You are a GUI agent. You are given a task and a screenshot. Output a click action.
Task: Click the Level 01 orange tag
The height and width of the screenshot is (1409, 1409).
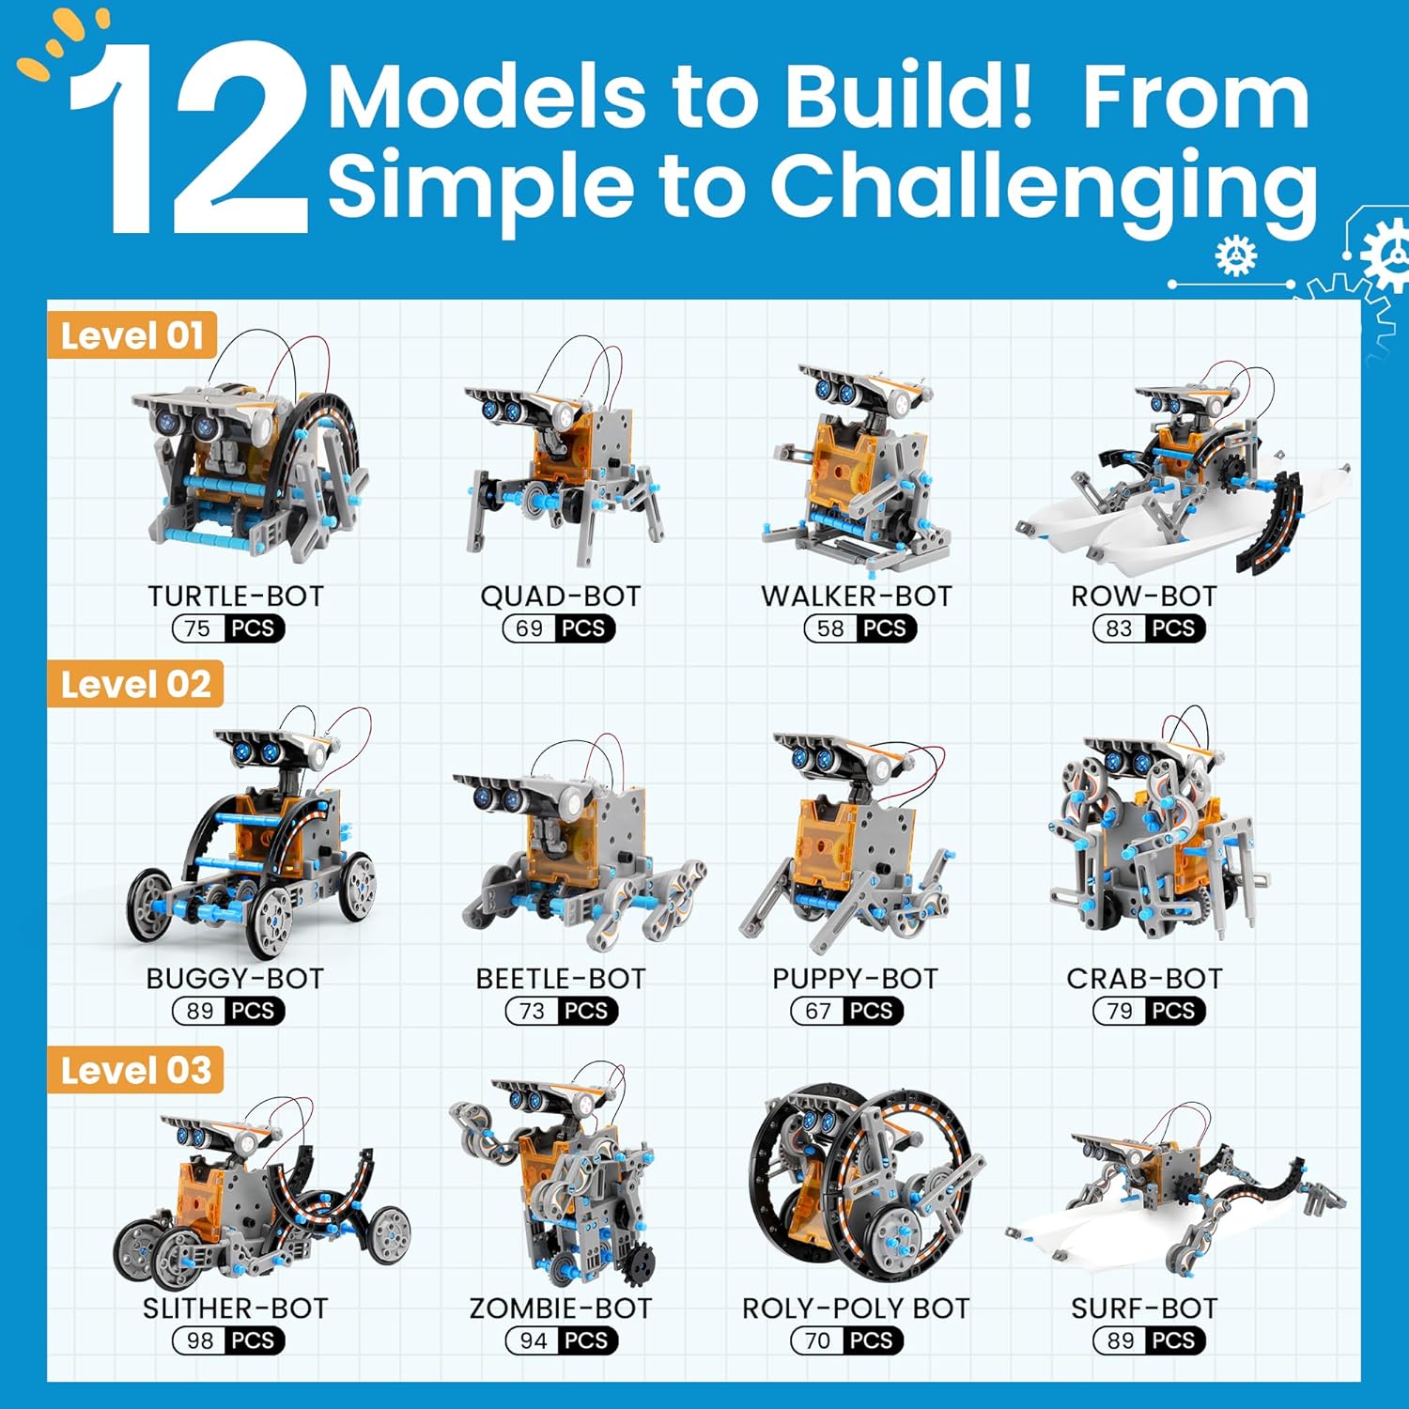[132, 335]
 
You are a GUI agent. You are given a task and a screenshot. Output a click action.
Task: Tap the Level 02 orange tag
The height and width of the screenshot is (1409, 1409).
[135, 684]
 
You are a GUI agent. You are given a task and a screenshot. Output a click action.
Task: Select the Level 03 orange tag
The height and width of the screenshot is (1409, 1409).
[135, 1070]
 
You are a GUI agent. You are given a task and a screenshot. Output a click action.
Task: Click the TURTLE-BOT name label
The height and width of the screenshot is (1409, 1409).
[236, 596]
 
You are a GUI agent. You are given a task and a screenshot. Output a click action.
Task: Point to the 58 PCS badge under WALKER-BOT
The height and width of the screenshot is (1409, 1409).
[859, 628]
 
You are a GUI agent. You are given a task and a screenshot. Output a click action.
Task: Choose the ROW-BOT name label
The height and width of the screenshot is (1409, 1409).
[1143, 596]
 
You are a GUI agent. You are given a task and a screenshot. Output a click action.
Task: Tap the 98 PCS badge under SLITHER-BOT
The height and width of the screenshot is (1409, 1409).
[228, 1340]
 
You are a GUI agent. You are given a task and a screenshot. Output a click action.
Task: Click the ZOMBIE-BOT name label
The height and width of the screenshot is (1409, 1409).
[561, 1308]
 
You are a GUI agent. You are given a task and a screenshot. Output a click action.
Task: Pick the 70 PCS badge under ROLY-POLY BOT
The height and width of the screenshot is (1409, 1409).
[846, 1340]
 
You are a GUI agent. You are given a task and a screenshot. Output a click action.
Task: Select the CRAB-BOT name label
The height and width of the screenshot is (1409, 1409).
[1144, 978]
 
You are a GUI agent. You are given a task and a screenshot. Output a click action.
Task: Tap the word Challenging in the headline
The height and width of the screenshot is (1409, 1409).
[1043, 186]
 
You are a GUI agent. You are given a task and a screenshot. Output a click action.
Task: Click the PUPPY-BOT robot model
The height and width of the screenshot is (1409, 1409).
[850, 841]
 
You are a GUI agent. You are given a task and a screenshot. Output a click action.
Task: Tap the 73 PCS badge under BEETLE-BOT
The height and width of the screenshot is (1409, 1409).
[562, 1011]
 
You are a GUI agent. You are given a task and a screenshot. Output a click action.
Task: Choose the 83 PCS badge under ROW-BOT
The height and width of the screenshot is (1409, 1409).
[1149, 628]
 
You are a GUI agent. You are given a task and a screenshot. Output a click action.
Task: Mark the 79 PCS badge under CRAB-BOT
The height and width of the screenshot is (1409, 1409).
[1149, 1011]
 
